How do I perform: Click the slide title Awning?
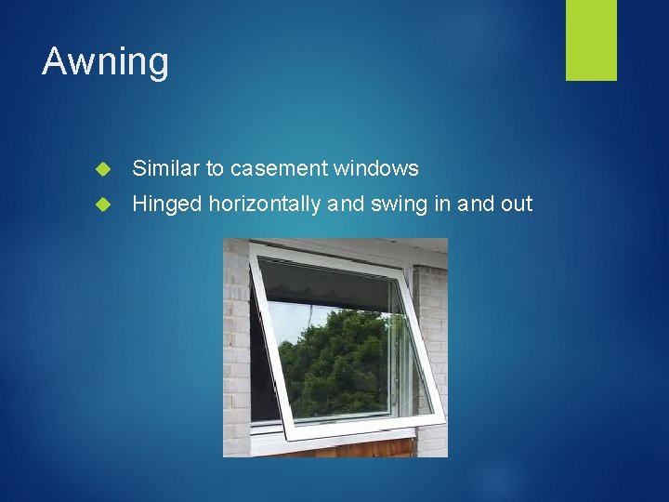point(105,62)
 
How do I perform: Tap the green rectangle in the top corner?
point(591,40)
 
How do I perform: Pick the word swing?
point(399,204)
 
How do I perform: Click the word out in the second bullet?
point(516,203)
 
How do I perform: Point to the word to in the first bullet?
point(215,168)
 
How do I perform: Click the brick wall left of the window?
point(236,353)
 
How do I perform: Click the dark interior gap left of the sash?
point(264,372)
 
